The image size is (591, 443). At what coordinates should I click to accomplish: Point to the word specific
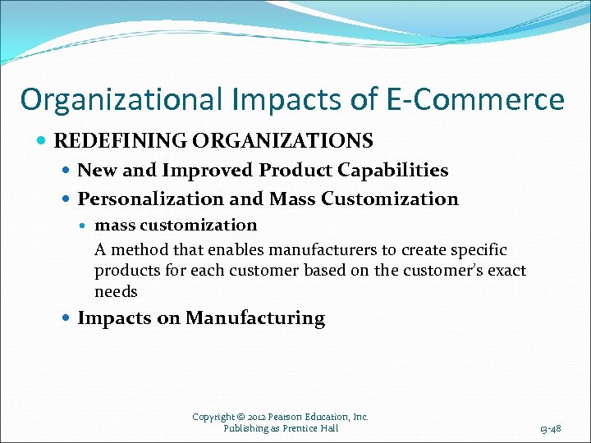tap(478, 249)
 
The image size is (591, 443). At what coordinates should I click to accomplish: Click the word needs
tap(116, 292)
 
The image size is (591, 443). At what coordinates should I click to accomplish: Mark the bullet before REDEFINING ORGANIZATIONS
tap(43, 141)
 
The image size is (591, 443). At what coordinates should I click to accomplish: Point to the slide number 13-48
tap(551, 428)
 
